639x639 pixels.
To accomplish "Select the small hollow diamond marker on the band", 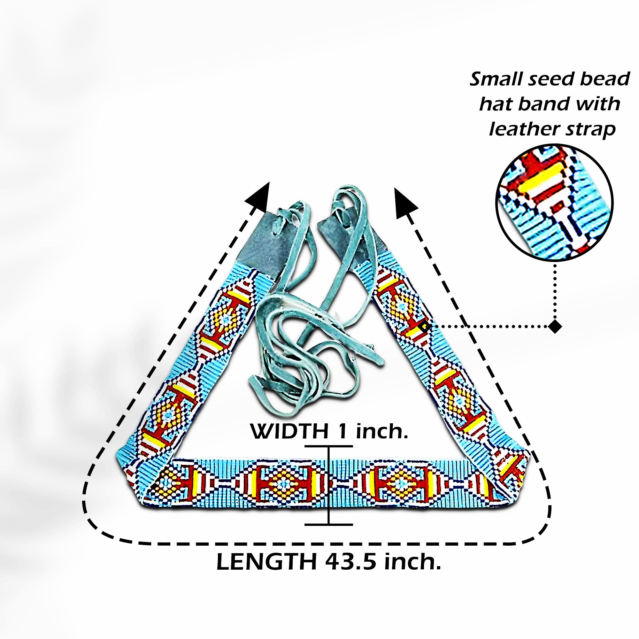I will [x=425, y=327].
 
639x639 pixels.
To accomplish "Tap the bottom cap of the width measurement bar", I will [x=328, y=524].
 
